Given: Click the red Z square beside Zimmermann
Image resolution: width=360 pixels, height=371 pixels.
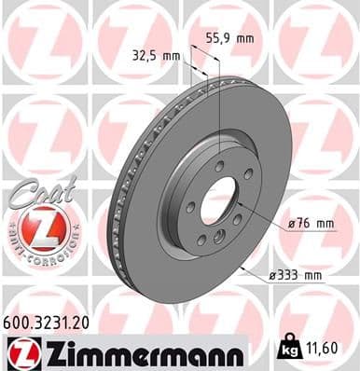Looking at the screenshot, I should point(21,352).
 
